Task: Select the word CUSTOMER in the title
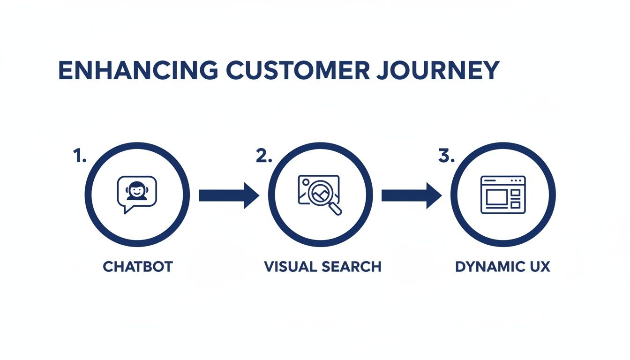(300, 70)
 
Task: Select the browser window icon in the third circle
(503, 195)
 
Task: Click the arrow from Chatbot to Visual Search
(229, 195)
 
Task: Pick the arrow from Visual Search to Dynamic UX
(411, 195)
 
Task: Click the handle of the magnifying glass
(335, 209)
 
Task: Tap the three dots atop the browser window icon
(517, 180)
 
